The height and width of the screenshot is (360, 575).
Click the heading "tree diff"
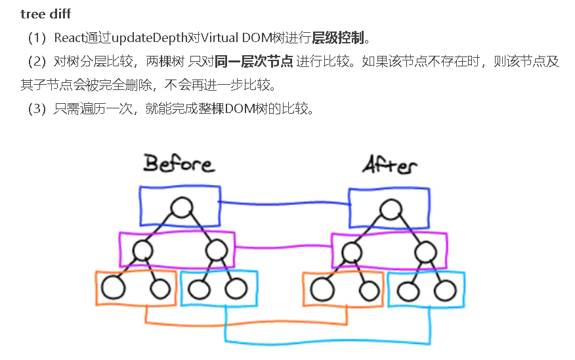[45, 14]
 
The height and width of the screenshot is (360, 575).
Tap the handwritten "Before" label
[179, 163]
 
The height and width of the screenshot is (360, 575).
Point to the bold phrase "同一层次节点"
[253, 62]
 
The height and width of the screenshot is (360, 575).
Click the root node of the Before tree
[181, 209]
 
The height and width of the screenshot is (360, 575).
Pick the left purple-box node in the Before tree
[142, 250]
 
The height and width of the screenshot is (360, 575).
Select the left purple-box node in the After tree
[352, 250]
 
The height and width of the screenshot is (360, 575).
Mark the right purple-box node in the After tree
[425, 250]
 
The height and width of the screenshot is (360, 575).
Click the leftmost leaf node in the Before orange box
[113, 288]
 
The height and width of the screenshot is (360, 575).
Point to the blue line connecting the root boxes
[284, 203]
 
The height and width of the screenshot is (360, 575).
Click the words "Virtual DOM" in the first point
[223, 37]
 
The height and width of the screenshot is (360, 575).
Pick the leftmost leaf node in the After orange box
[323, 289]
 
